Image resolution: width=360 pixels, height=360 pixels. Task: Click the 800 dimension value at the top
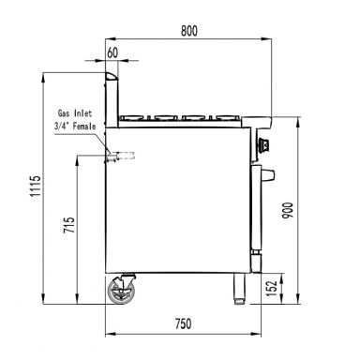188,31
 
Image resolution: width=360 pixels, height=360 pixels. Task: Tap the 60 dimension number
112,52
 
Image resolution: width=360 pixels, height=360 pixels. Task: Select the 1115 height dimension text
36,186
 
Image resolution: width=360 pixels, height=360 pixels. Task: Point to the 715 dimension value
69,225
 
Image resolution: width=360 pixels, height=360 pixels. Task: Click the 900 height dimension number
288,211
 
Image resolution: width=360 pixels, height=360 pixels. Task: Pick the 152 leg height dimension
273,288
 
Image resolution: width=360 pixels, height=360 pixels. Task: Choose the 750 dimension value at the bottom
183,323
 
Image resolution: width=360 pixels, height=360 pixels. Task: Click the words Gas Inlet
75,112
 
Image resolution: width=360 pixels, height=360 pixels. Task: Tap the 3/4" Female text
75,127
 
